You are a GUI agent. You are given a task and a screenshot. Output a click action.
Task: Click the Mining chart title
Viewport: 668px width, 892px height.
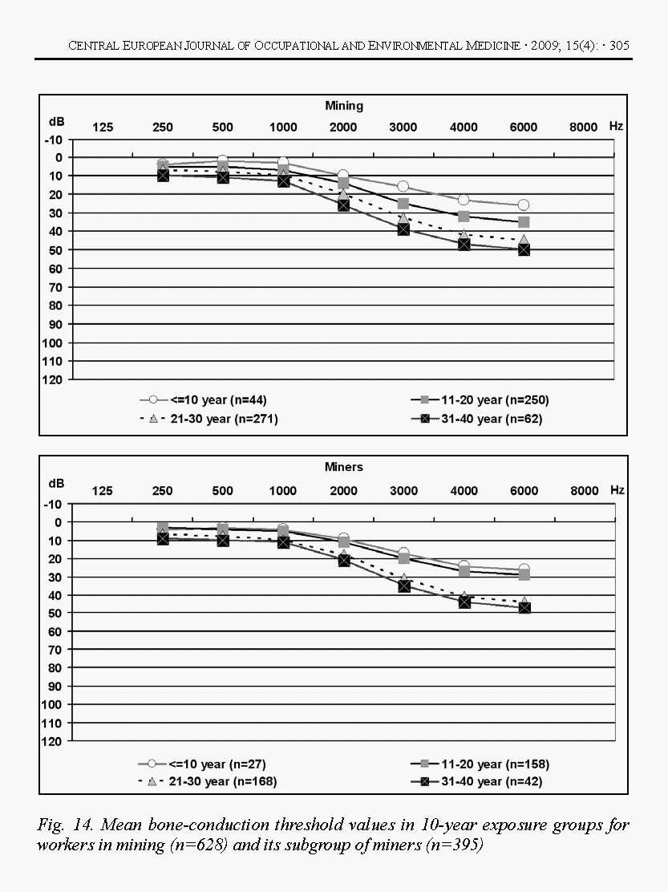344,105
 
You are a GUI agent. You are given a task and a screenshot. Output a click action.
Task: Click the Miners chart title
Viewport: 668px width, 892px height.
344,467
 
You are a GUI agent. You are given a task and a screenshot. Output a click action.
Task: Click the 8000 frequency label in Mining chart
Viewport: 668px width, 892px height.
584,128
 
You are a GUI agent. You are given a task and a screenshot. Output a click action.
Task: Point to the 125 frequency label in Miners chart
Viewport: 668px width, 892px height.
103,491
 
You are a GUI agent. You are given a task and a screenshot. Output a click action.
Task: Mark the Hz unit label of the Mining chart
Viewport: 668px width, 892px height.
616,127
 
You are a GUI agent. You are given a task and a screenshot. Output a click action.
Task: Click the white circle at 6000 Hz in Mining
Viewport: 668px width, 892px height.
524,205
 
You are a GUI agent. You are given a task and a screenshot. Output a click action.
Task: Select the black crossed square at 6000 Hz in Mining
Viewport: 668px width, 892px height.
524,249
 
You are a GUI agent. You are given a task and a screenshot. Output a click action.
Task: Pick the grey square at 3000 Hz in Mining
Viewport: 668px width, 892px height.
403,204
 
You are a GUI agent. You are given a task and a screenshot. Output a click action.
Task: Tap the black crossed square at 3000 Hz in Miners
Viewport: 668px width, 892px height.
403,586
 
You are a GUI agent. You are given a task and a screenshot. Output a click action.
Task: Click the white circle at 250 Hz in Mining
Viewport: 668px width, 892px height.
163,164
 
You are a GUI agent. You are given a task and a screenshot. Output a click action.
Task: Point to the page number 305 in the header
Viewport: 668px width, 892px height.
619,46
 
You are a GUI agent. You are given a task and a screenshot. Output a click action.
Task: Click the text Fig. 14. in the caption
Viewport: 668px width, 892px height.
62,825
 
